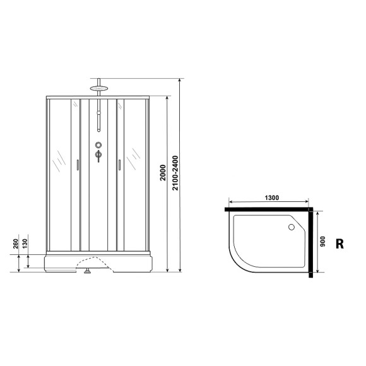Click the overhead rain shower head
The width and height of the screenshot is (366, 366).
pyautogui.click(x=98, y=88)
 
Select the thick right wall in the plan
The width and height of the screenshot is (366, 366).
pyautogui.click(x=311, y=243)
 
